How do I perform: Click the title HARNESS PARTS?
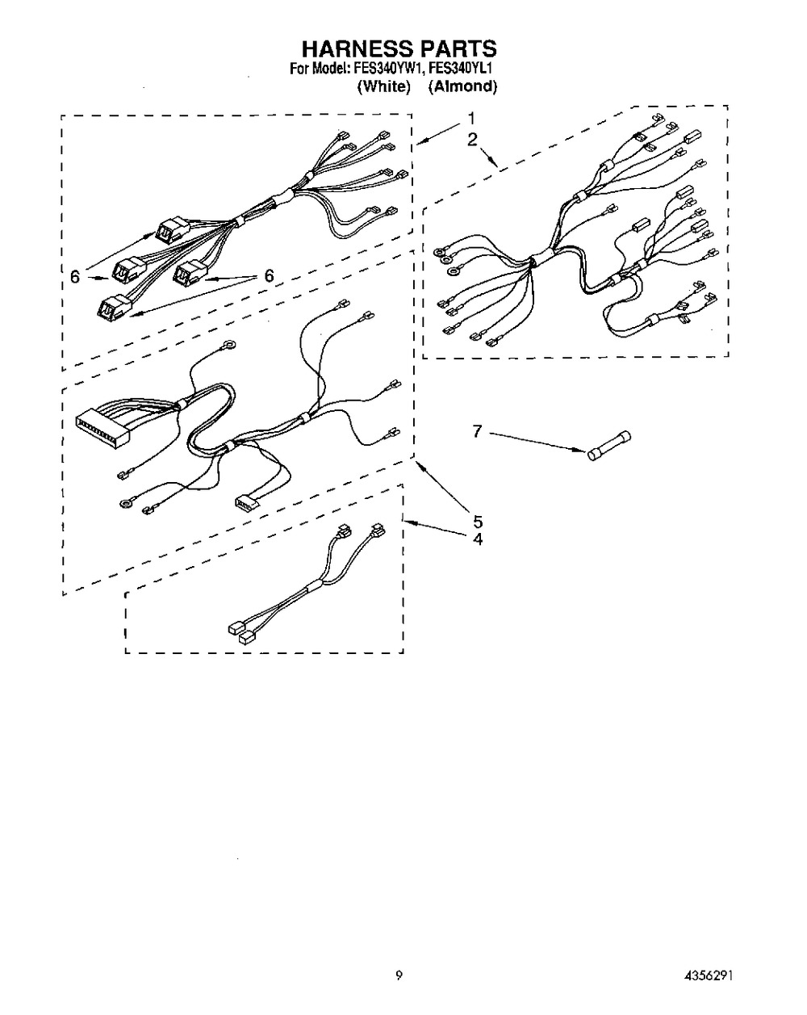coord(399,48)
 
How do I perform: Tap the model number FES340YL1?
coord(455,69)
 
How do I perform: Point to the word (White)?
coord(384,86)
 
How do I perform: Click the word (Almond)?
coord(462,86)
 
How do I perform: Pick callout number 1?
coord(471,119)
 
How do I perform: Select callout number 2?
coord(472,139)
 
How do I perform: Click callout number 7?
coord(477,430)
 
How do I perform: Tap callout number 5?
coord(478,521)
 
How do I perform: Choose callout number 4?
coord(478,539)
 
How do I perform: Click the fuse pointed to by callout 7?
coord(608,445)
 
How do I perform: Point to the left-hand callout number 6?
coord(74,276)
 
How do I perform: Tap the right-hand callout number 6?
coord(269,275)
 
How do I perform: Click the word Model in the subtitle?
coord(327,69)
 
